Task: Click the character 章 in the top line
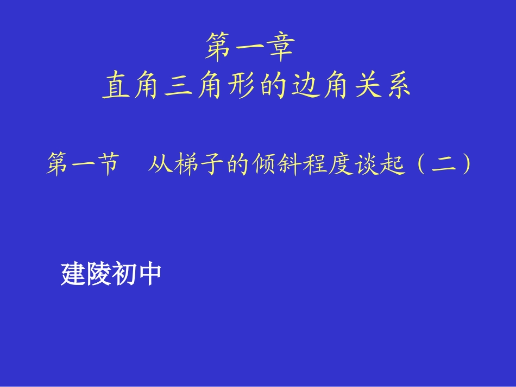coord(280,47)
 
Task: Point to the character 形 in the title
coord(240,86)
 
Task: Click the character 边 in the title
coord(301,86)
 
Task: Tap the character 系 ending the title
coord(396,86)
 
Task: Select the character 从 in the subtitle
coord(160,165)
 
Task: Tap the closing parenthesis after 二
coord(464,165)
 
